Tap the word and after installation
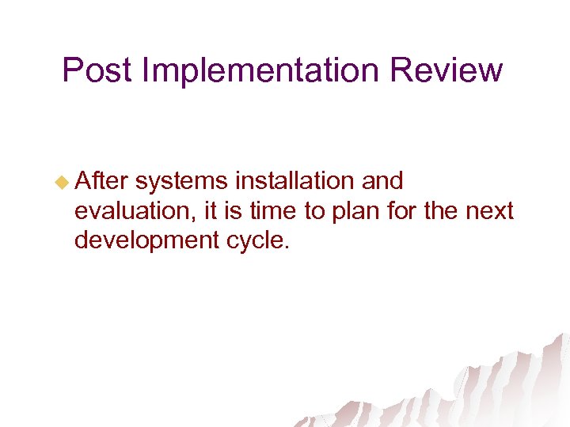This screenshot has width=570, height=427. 382,182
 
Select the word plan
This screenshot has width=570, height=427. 359,211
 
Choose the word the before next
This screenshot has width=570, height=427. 445,211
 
